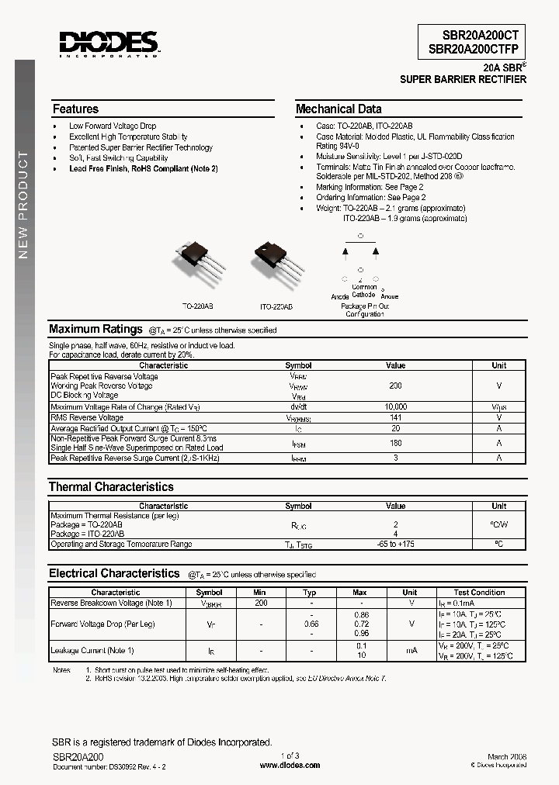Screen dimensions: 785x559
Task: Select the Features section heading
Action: tap(75, 109)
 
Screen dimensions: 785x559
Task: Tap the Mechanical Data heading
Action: tap(339, 109)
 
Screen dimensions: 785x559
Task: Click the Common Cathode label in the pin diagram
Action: tap(363, 291)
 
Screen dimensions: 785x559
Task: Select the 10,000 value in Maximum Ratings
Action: tap(395, 406)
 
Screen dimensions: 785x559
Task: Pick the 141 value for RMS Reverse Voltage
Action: tap(395, 417)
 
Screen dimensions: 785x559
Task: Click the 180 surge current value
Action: tap(395, 444)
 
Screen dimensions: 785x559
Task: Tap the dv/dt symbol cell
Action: tap(298, 406)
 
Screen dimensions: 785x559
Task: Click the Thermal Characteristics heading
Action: tap(111, 487)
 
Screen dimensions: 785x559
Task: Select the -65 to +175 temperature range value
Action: tap(395, 545)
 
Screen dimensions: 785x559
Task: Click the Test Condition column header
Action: tap(479, 593)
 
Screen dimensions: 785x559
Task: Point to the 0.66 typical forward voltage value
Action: tap(311, 624)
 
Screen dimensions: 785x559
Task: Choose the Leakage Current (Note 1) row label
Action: tap(92, 650)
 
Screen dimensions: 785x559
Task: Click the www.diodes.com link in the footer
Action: tap(289, 765)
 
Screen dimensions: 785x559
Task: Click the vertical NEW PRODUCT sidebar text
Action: tap(23, 206)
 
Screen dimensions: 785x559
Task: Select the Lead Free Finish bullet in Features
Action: tap(143, 168)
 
